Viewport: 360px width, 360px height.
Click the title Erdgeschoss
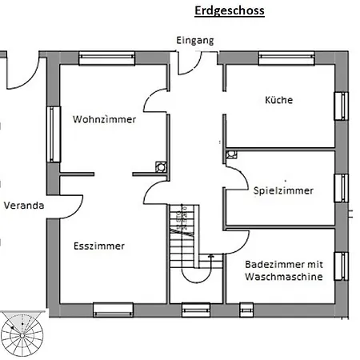[229, 11]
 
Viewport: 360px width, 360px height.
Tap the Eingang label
[195, 40]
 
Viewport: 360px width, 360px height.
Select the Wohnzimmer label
[104, 120]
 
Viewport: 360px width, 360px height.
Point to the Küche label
[278, 101]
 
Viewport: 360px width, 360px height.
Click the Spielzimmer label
[283, 191]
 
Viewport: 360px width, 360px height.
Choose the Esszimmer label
[98, 246]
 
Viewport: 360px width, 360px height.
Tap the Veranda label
[23, 206]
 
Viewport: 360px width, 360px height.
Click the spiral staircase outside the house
[23, 332]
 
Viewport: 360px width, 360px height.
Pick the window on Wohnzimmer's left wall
[54, 134]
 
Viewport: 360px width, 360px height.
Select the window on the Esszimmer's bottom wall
[112, 307]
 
